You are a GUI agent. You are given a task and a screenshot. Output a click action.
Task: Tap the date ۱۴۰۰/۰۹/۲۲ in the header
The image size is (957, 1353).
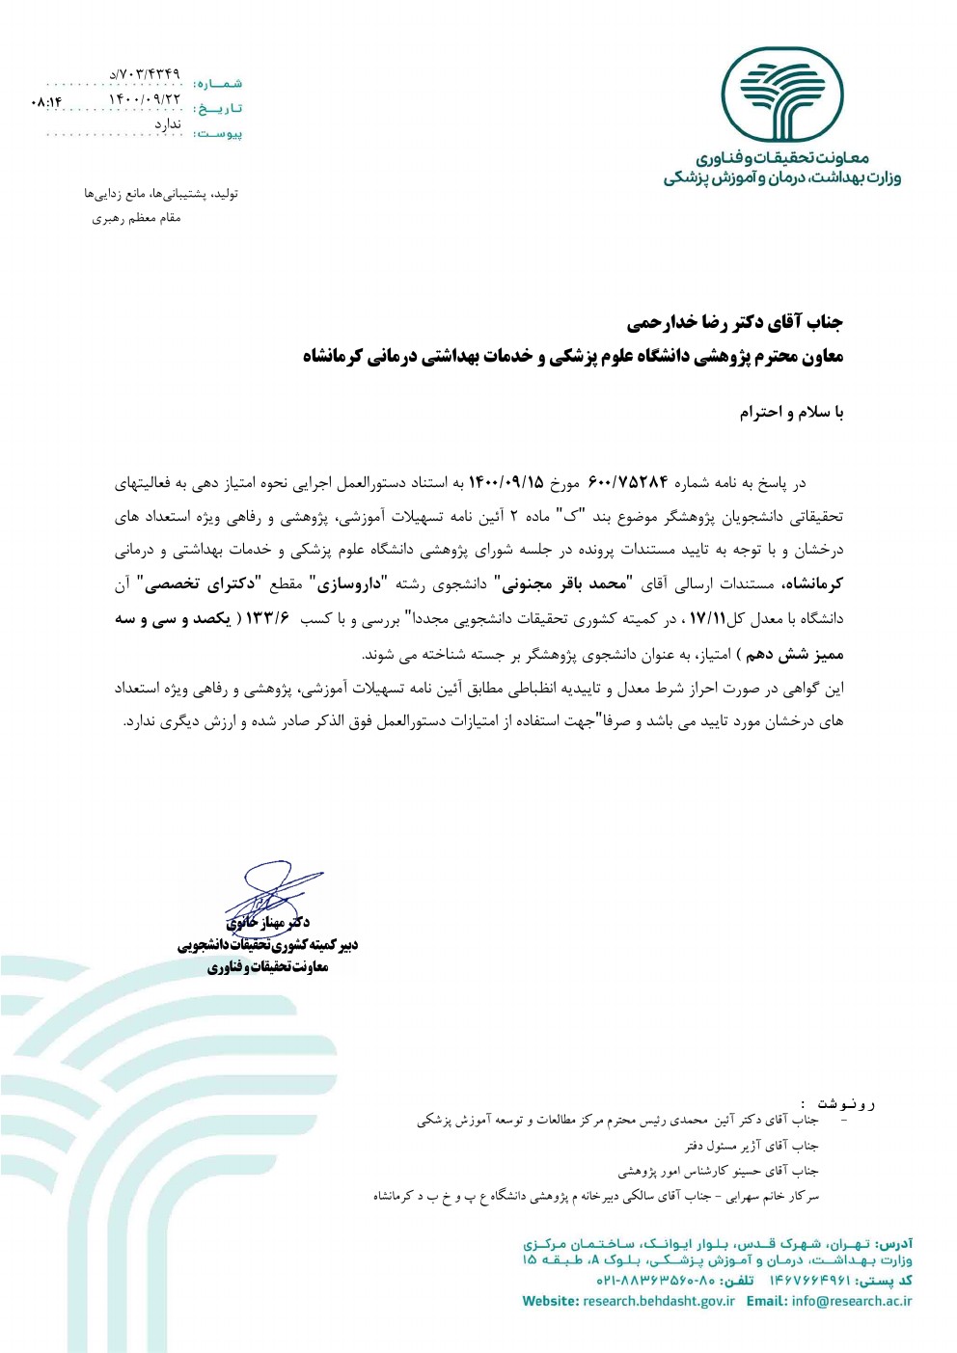pos(144,98)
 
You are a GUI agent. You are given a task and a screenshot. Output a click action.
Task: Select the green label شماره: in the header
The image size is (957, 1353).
pos(218,84)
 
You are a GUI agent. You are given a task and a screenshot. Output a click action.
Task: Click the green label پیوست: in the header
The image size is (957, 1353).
pos(218,133)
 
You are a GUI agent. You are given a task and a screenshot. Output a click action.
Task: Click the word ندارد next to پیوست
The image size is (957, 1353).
pos(168,124)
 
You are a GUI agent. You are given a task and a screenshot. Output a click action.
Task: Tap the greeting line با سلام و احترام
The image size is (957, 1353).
pos(791,413)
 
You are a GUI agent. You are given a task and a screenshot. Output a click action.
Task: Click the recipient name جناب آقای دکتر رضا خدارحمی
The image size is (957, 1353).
pos(734,321)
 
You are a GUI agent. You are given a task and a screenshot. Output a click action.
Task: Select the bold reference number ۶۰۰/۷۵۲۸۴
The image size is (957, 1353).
pos(628,482)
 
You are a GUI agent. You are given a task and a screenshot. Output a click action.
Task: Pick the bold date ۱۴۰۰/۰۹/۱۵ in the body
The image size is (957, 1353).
pos(506,482)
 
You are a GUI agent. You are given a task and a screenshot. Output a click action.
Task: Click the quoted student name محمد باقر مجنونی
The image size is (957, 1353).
pos(561,583)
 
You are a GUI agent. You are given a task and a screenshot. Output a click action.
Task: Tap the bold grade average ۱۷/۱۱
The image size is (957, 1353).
pos(707,618)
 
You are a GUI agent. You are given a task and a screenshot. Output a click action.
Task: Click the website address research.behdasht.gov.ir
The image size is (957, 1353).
pos(659,1301)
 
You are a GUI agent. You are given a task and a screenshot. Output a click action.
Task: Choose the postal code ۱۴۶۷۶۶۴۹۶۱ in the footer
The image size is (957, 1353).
pos(810,1280)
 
